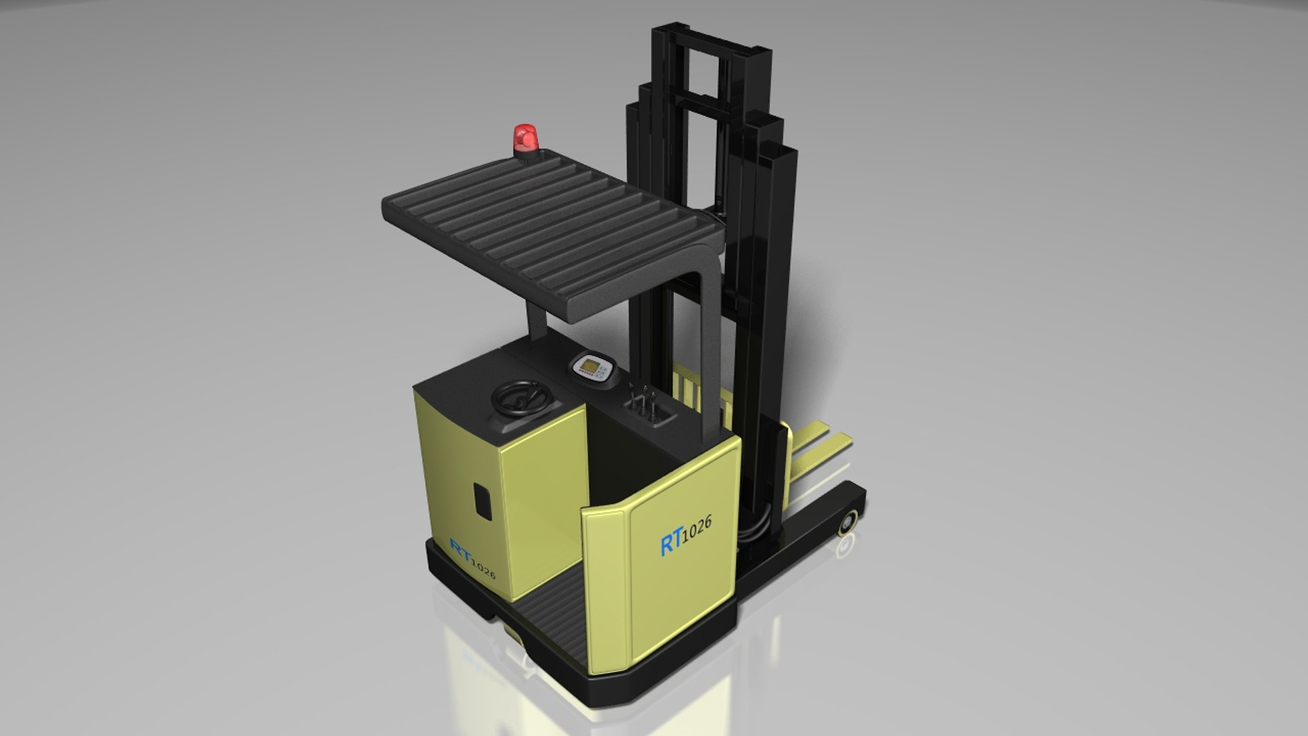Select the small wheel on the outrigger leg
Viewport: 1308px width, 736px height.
[x=848, y=523]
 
